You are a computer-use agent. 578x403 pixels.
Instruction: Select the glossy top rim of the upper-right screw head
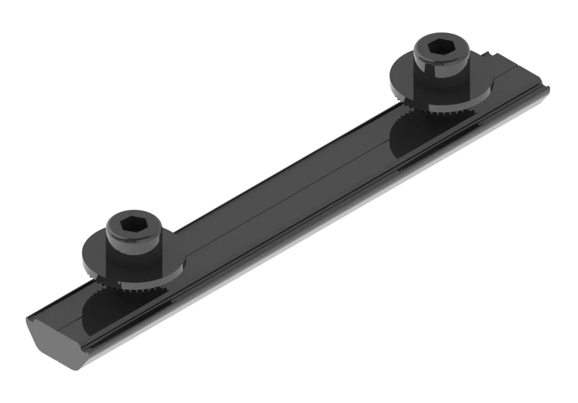coord(442,39)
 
